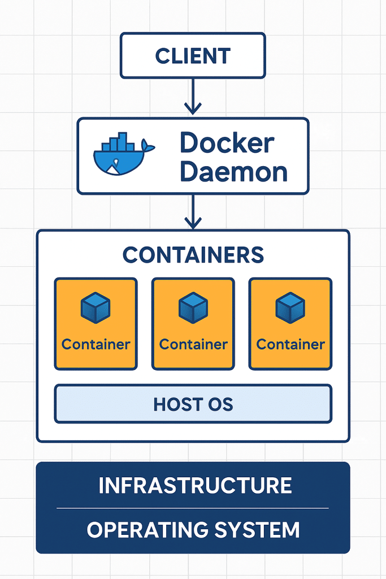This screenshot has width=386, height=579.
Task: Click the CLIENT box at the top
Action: (x=193, y=55)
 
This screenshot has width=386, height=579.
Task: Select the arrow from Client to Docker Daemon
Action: (x=193, y=96)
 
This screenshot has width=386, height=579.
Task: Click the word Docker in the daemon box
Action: (x=227, y=144)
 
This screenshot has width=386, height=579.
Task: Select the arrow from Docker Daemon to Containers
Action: (x=193, y=211)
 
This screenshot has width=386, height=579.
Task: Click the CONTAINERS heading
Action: (x=193, y=255)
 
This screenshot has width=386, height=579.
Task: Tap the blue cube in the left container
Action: (x=96, y=308)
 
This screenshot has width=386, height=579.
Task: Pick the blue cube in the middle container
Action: (x=193, y=308)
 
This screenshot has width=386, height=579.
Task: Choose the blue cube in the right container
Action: (x=290, y=308)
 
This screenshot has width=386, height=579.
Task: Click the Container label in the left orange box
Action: (x=96, y=344)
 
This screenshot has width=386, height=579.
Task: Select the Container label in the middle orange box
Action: (x=193, y=344)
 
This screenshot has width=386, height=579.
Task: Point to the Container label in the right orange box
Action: (x=290, y=344)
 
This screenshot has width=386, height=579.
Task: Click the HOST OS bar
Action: (x=193, y=404)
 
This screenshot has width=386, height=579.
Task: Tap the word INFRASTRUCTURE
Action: (x=195, y=486)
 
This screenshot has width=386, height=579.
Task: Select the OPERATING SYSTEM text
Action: (x=193, y=530)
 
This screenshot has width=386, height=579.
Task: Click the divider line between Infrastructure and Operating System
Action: (x=193, y=508)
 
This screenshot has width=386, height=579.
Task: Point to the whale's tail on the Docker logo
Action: (x=148, y=147)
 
